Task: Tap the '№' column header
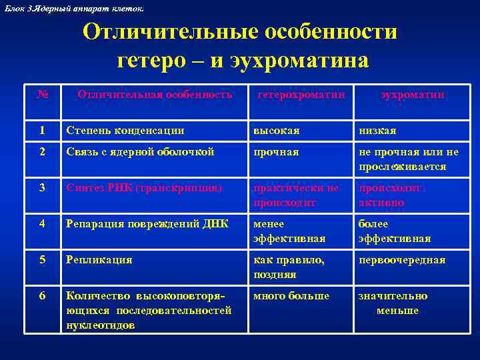[43, 95]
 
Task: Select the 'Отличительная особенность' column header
[155, 95]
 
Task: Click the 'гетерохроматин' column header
[301, 95]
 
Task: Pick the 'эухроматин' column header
[413, 95]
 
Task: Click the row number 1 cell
[43, 130]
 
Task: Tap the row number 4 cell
[43, 224]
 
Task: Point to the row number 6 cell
[43, 296]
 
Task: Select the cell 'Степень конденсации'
[125, 130]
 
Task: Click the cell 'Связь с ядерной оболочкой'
[140, 152]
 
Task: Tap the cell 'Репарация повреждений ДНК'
[147, 224]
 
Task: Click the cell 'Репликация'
[99, 260]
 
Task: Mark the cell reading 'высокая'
[276, 130]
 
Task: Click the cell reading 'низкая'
[377, 130]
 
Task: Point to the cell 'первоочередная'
[402, 260]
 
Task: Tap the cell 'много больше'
[291, 296]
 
